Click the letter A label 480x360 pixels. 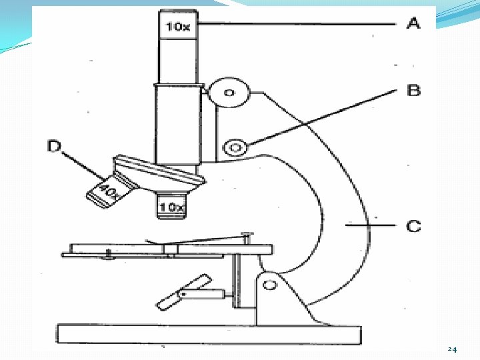coord(413,24)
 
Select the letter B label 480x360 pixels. coord(414,90)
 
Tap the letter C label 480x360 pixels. coord(414,226)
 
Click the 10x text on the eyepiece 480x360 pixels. coord(177,27)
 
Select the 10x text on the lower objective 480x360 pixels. coord(171,207)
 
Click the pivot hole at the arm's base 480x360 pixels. coord(270,285)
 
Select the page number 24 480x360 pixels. coord(452,349)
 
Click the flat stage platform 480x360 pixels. coord(167,251)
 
